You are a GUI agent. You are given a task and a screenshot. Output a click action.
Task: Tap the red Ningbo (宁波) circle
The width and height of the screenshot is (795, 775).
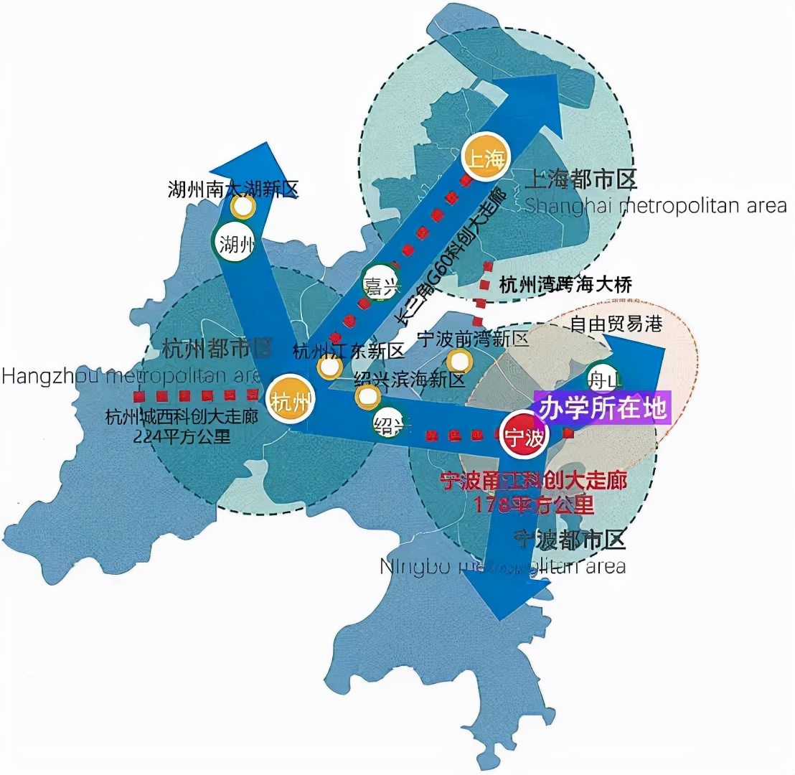tap(524, 436)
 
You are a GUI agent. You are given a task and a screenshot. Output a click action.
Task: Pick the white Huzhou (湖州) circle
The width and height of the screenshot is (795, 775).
tap(234, 244)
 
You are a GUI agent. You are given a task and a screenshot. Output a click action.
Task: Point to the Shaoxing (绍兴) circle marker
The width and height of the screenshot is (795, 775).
tap(390, 424)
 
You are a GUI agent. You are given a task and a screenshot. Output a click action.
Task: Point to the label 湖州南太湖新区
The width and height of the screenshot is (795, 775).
tap(232, 189)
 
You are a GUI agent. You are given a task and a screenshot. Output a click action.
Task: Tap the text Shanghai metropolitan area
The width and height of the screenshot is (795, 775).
tap(656, 206)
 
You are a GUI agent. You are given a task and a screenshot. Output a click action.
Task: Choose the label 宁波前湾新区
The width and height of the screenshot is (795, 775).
tap(473, 338)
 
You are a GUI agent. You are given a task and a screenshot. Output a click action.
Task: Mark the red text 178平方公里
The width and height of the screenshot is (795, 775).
tap(534, 504)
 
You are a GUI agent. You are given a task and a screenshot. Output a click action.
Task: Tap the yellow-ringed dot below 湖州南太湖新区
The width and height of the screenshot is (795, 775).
tap(243, 207)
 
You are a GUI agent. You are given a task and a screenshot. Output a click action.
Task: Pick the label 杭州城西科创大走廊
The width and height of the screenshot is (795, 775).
tap(181, 417)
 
